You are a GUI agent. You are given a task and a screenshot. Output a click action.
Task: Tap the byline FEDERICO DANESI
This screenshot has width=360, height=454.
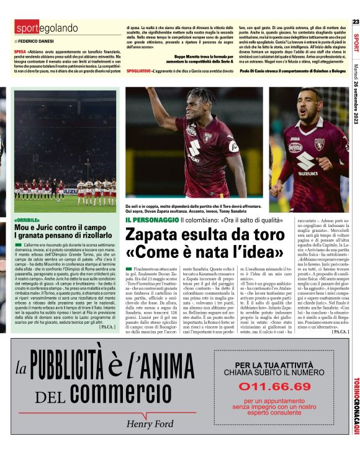point(38,40)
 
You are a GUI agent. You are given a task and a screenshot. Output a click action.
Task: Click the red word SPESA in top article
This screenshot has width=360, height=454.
point(20,51)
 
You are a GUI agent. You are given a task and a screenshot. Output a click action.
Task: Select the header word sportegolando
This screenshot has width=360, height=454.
point(47,28)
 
